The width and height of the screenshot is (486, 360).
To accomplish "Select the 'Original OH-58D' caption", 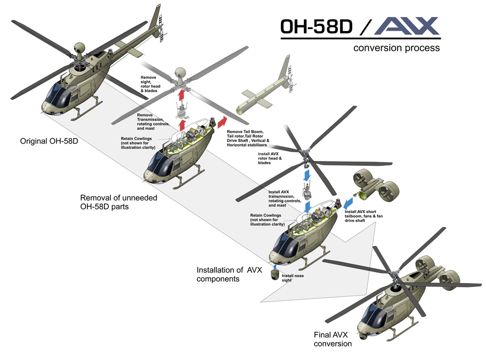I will click(x=49, y=142).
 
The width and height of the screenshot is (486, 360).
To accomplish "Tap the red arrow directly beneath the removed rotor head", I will click(x=183, y=94).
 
